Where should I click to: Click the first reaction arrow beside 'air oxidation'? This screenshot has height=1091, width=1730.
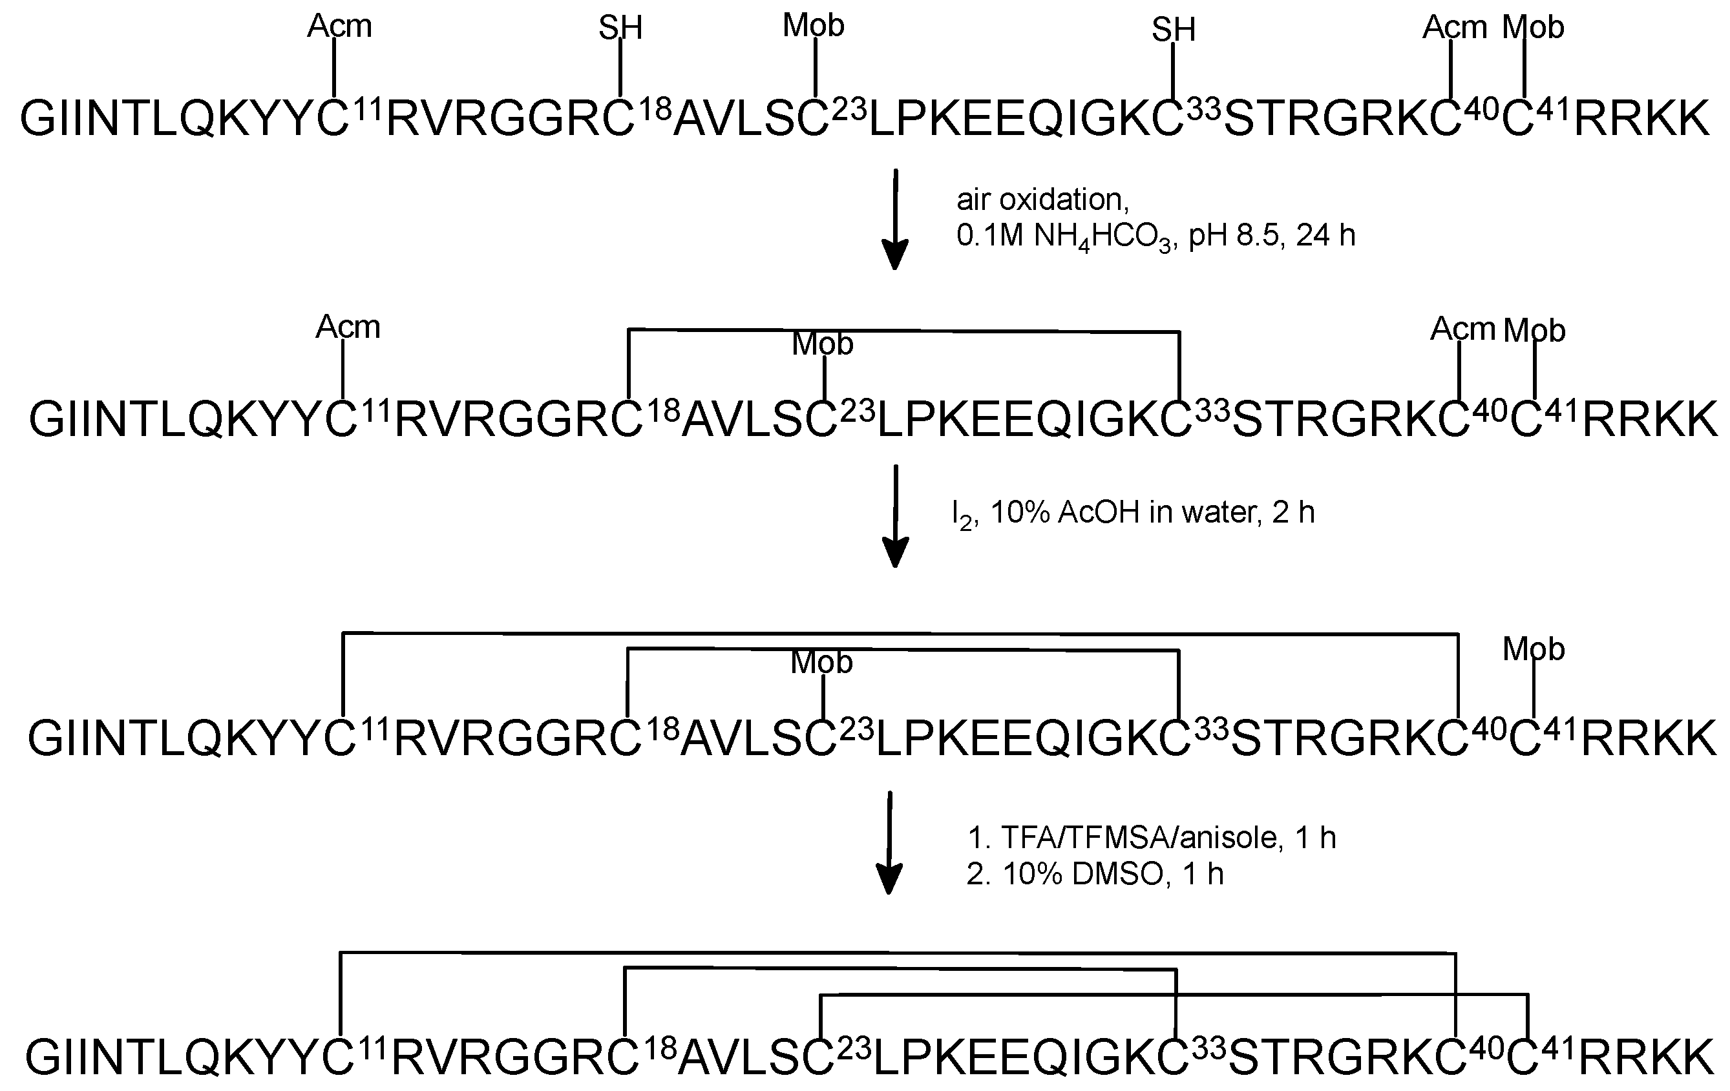(x=895, y=219)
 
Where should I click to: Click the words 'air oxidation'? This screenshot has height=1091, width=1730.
(x=1042, y=200)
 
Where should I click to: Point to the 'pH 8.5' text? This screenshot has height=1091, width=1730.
(x=1234, y=236)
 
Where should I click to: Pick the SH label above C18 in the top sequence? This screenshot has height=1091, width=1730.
(x=621, y=28)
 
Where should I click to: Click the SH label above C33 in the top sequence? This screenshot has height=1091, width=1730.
(x=1174, y=30)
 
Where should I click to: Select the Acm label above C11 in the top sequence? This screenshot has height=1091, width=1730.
(x=340, y=26)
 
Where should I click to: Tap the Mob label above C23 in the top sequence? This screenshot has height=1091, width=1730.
(x=813, y=26)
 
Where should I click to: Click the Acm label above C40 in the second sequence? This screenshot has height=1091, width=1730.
(x=1462, y=329)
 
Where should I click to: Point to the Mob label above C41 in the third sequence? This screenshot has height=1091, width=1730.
(x=1534, y=649)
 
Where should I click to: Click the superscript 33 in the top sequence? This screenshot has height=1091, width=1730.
(x=1203, y=109)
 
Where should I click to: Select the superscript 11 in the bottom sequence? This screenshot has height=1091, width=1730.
(x=373, y=1050)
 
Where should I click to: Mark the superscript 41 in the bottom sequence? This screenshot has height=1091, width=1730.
(x=1557, y=1050)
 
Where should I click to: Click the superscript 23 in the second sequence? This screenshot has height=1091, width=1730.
(x=857, y=411)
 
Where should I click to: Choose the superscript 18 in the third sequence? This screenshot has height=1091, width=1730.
(x=662, y=730)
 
